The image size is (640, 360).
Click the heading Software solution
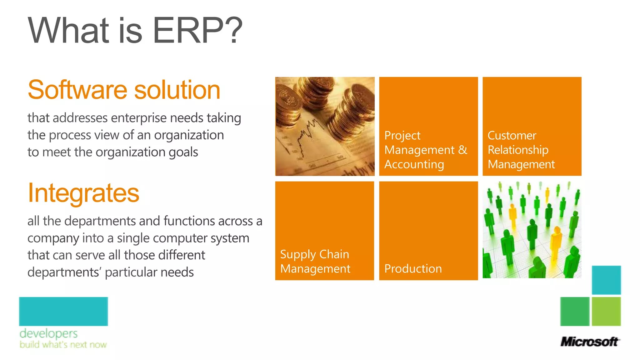point(124,90)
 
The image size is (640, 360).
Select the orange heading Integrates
point(83,193)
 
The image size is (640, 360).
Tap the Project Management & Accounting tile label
point(425,150)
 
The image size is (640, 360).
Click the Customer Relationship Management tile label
point(521,150)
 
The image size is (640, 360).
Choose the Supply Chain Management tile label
point(315,262)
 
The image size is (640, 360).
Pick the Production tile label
point(413,269)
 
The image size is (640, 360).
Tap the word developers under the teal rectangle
point(48,333)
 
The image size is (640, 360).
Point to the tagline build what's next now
point(63,345)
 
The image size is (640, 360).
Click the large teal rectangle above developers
point(63,311)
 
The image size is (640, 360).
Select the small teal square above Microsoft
point(606,280)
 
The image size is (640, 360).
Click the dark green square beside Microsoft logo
point(575,312)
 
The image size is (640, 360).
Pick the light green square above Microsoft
point(606,312)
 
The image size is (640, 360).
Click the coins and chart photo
point(325,126)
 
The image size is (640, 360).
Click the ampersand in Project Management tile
point(462,150)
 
